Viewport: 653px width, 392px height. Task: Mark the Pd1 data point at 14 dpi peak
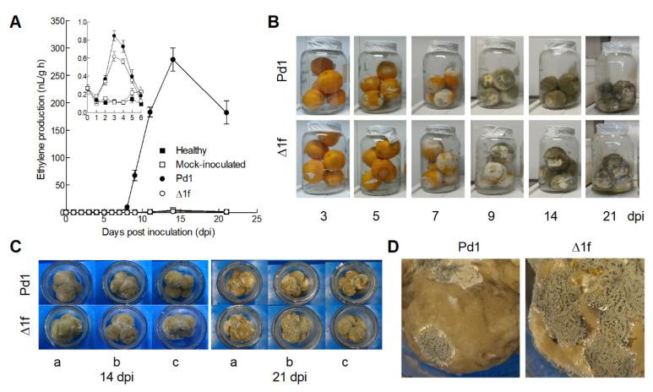click(173, 59)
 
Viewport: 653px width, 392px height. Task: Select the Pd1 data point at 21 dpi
click(226, 112)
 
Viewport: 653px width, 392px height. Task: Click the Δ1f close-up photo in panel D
click(585, 318)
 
